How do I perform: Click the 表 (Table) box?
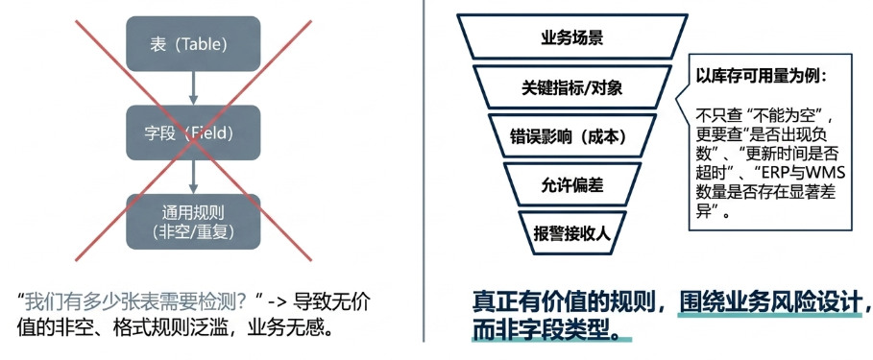tap(193, 43)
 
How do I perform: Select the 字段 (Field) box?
tap(193, 132)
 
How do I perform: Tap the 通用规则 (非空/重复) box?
tap(193, 222)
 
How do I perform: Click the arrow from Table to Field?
tap(193, 88)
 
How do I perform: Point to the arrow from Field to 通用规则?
tap(193, 177)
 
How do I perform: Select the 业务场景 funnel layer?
tap(571, 36)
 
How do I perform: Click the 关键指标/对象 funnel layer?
tap(571, 86)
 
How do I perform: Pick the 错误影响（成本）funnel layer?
tap(571, 136)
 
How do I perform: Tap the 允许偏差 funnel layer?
tap(571, 184)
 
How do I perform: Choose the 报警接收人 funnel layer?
tap(571, 232)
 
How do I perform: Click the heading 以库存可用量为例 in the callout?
tap(761, 78)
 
